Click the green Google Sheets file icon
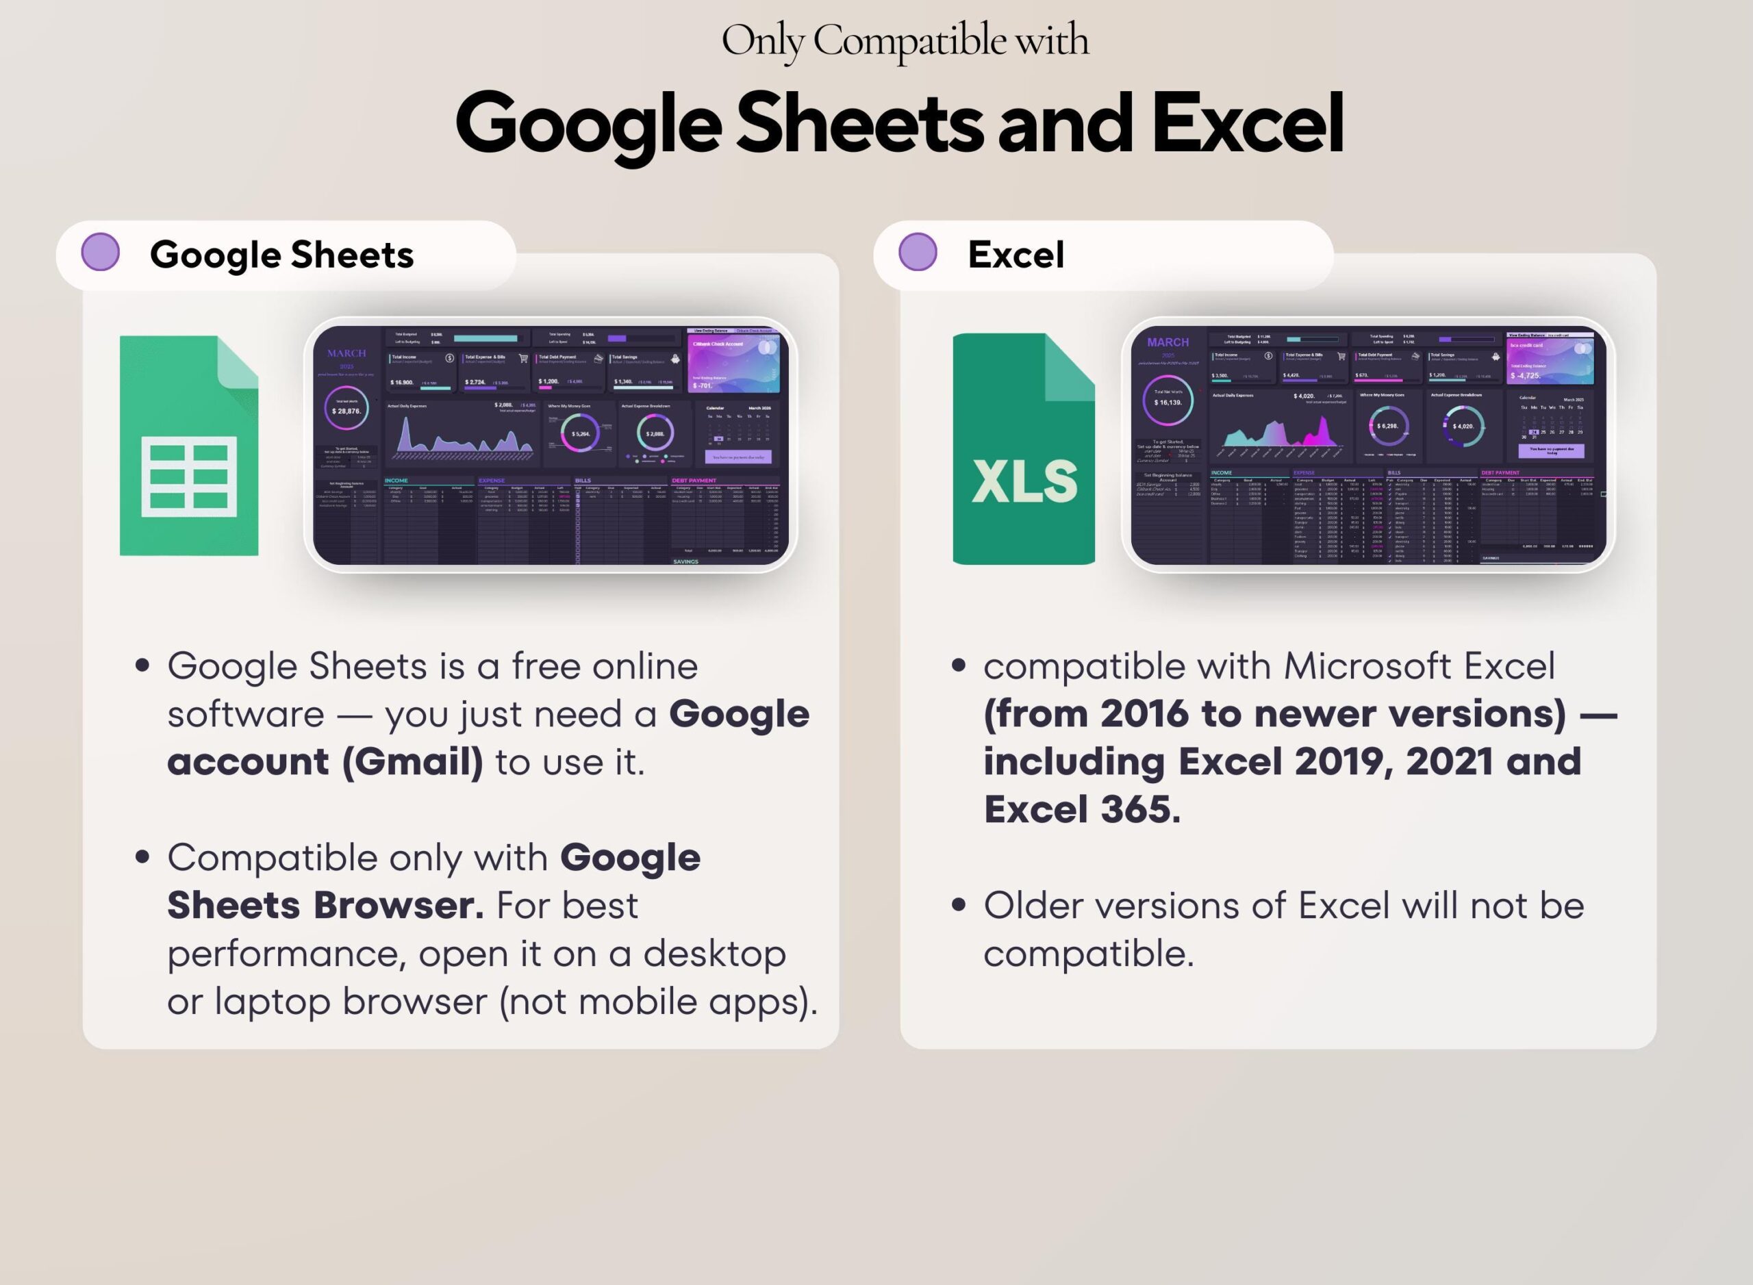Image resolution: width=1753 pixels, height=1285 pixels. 188,446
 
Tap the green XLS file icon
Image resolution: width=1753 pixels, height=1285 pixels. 1023,449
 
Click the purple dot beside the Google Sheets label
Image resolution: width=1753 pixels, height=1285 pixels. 101,252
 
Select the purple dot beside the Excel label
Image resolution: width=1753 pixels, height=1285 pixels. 918,252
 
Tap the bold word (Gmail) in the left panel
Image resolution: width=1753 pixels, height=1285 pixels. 412,761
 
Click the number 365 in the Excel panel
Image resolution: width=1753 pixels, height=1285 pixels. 1141,810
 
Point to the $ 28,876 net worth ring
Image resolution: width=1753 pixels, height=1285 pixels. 346,410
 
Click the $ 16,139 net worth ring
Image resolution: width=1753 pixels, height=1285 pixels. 1167,401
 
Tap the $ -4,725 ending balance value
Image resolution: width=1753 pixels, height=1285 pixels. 1525,376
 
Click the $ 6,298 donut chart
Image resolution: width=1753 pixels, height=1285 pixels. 1387,427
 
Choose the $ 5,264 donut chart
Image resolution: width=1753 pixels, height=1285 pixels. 581,434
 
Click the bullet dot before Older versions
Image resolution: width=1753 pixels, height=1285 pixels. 959,904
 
